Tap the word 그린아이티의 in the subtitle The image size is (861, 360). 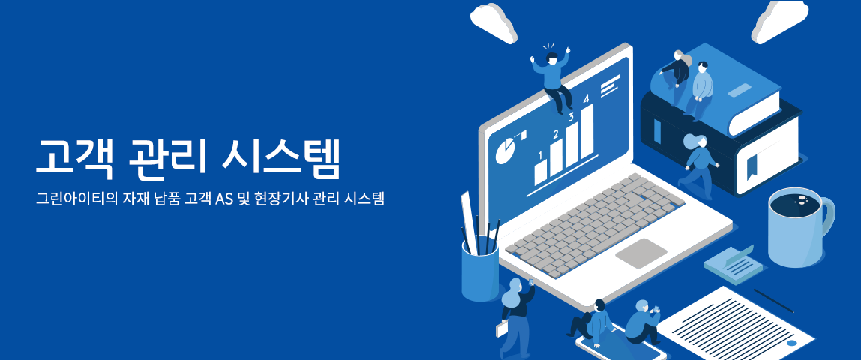71,199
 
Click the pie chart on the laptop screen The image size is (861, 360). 505,150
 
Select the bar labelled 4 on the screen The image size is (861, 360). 588,130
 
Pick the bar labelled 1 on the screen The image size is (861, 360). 540,173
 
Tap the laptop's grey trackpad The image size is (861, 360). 640,253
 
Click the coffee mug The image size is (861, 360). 799,226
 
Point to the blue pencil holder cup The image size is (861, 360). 480,269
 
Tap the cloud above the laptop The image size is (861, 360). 493,22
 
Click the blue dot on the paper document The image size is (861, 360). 791,343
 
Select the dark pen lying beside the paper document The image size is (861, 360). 773,301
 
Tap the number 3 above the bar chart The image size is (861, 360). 571,116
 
